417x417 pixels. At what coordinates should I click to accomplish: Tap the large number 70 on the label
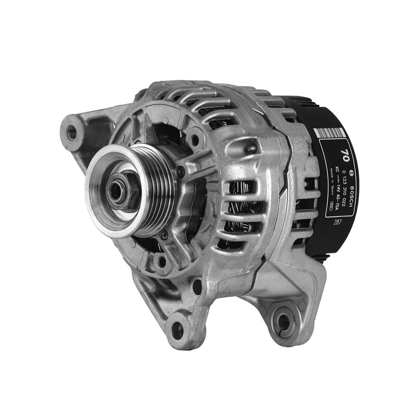pyautogui.click(x=344, y=154)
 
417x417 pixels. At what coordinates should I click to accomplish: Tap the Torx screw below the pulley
pyautogui.click(x=164, y=235)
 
